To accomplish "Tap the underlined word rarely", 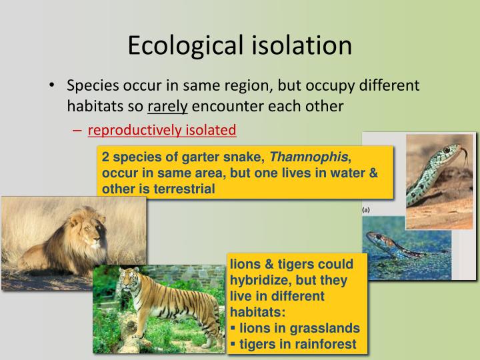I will click(168, 105).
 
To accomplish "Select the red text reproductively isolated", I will click(162, 130).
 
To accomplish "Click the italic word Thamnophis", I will click(309, 158).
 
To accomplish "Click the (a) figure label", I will click(366, 209).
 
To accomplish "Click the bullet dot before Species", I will click(53, 87).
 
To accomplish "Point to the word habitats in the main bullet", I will click(91, 105).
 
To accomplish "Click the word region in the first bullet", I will click(251, 87).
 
